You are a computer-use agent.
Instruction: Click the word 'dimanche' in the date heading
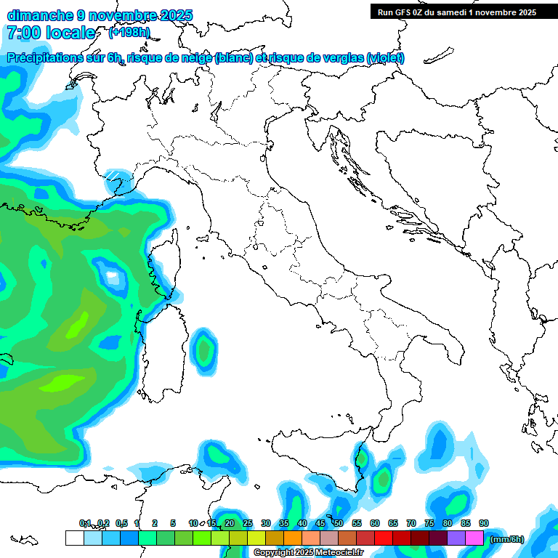pos(41,15)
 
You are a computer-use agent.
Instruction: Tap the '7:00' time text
pos(23,33)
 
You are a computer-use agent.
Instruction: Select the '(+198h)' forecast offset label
pos(129,33)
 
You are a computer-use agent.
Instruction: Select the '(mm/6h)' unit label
pos(507,539)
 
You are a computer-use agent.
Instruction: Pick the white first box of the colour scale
pos(74,538)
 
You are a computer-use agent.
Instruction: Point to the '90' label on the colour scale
pos(484,523)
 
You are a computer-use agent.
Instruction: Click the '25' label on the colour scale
pos(248,523)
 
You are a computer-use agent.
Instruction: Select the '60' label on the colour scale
pos(375,523)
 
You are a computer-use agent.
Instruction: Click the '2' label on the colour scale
pos(155,523)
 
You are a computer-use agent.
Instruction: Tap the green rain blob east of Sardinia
pos(204,350)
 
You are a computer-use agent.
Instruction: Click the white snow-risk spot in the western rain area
pos(112,276)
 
